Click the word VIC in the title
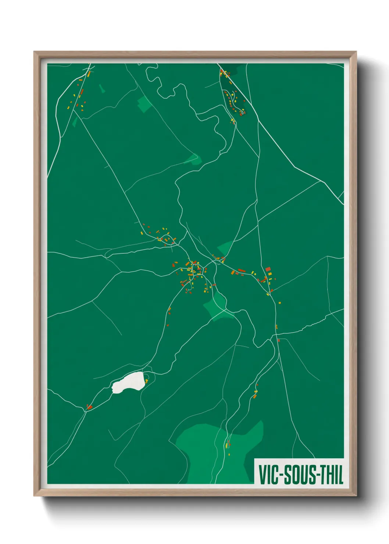pyautogui.click(x=268, y=475)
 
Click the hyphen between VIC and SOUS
pyautogui.click(x=282, y=475)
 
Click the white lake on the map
pyautogui.click(x=128, y=383)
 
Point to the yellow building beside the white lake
pyautogui.click(x=146, y=381)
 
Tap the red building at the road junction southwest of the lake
pyautogui.click(x=89, y=407)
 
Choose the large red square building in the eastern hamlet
pyautogui.click(x=268, y=269)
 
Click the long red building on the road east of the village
pyautogui.click(x=242, y=271)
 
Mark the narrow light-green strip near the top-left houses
pyautogui.click(x=101, y=88)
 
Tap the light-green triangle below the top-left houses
pyautogui.click(x=75, y=122)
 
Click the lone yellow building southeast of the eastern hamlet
pyautogui.click(x=279, y=303)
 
